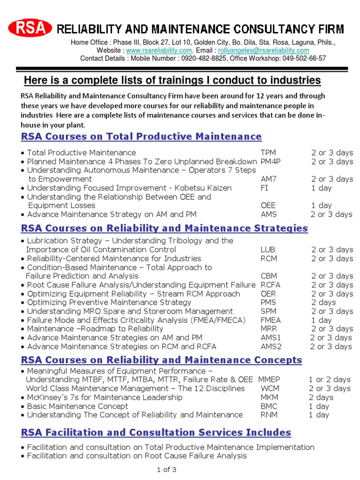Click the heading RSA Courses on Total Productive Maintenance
[141, 137]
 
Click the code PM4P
[270, 162]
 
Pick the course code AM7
[268, 179]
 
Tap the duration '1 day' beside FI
[321, 188]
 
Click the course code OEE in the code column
[268, 206]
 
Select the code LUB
[268, 250]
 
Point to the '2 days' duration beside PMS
[323, 302]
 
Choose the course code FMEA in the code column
[270, 320]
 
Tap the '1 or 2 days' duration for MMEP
[329, 380]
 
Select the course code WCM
[269, 389]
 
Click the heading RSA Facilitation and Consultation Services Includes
[156, 432]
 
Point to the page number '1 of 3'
[166, 469]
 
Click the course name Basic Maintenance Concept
[77, 406]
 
